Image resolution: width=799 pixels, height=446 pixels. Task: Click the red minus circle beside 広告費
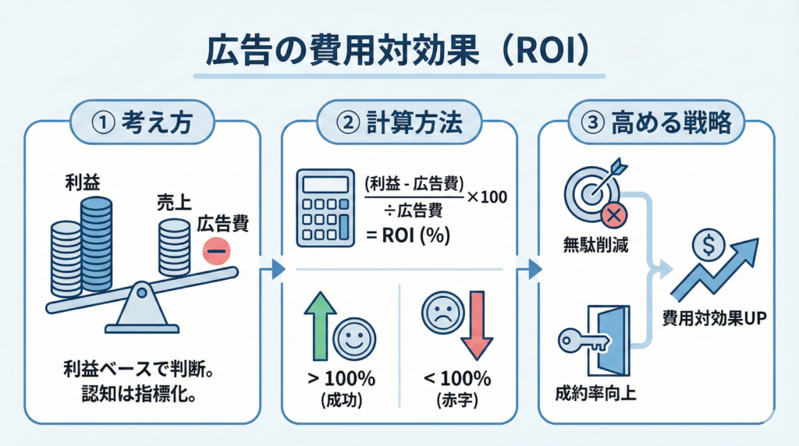coord(214,251)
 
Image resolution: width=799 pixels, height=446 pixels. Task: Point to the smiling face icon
coord(354,342)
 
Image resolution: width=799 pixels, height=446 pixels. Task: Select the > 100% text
coord(344,380)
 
